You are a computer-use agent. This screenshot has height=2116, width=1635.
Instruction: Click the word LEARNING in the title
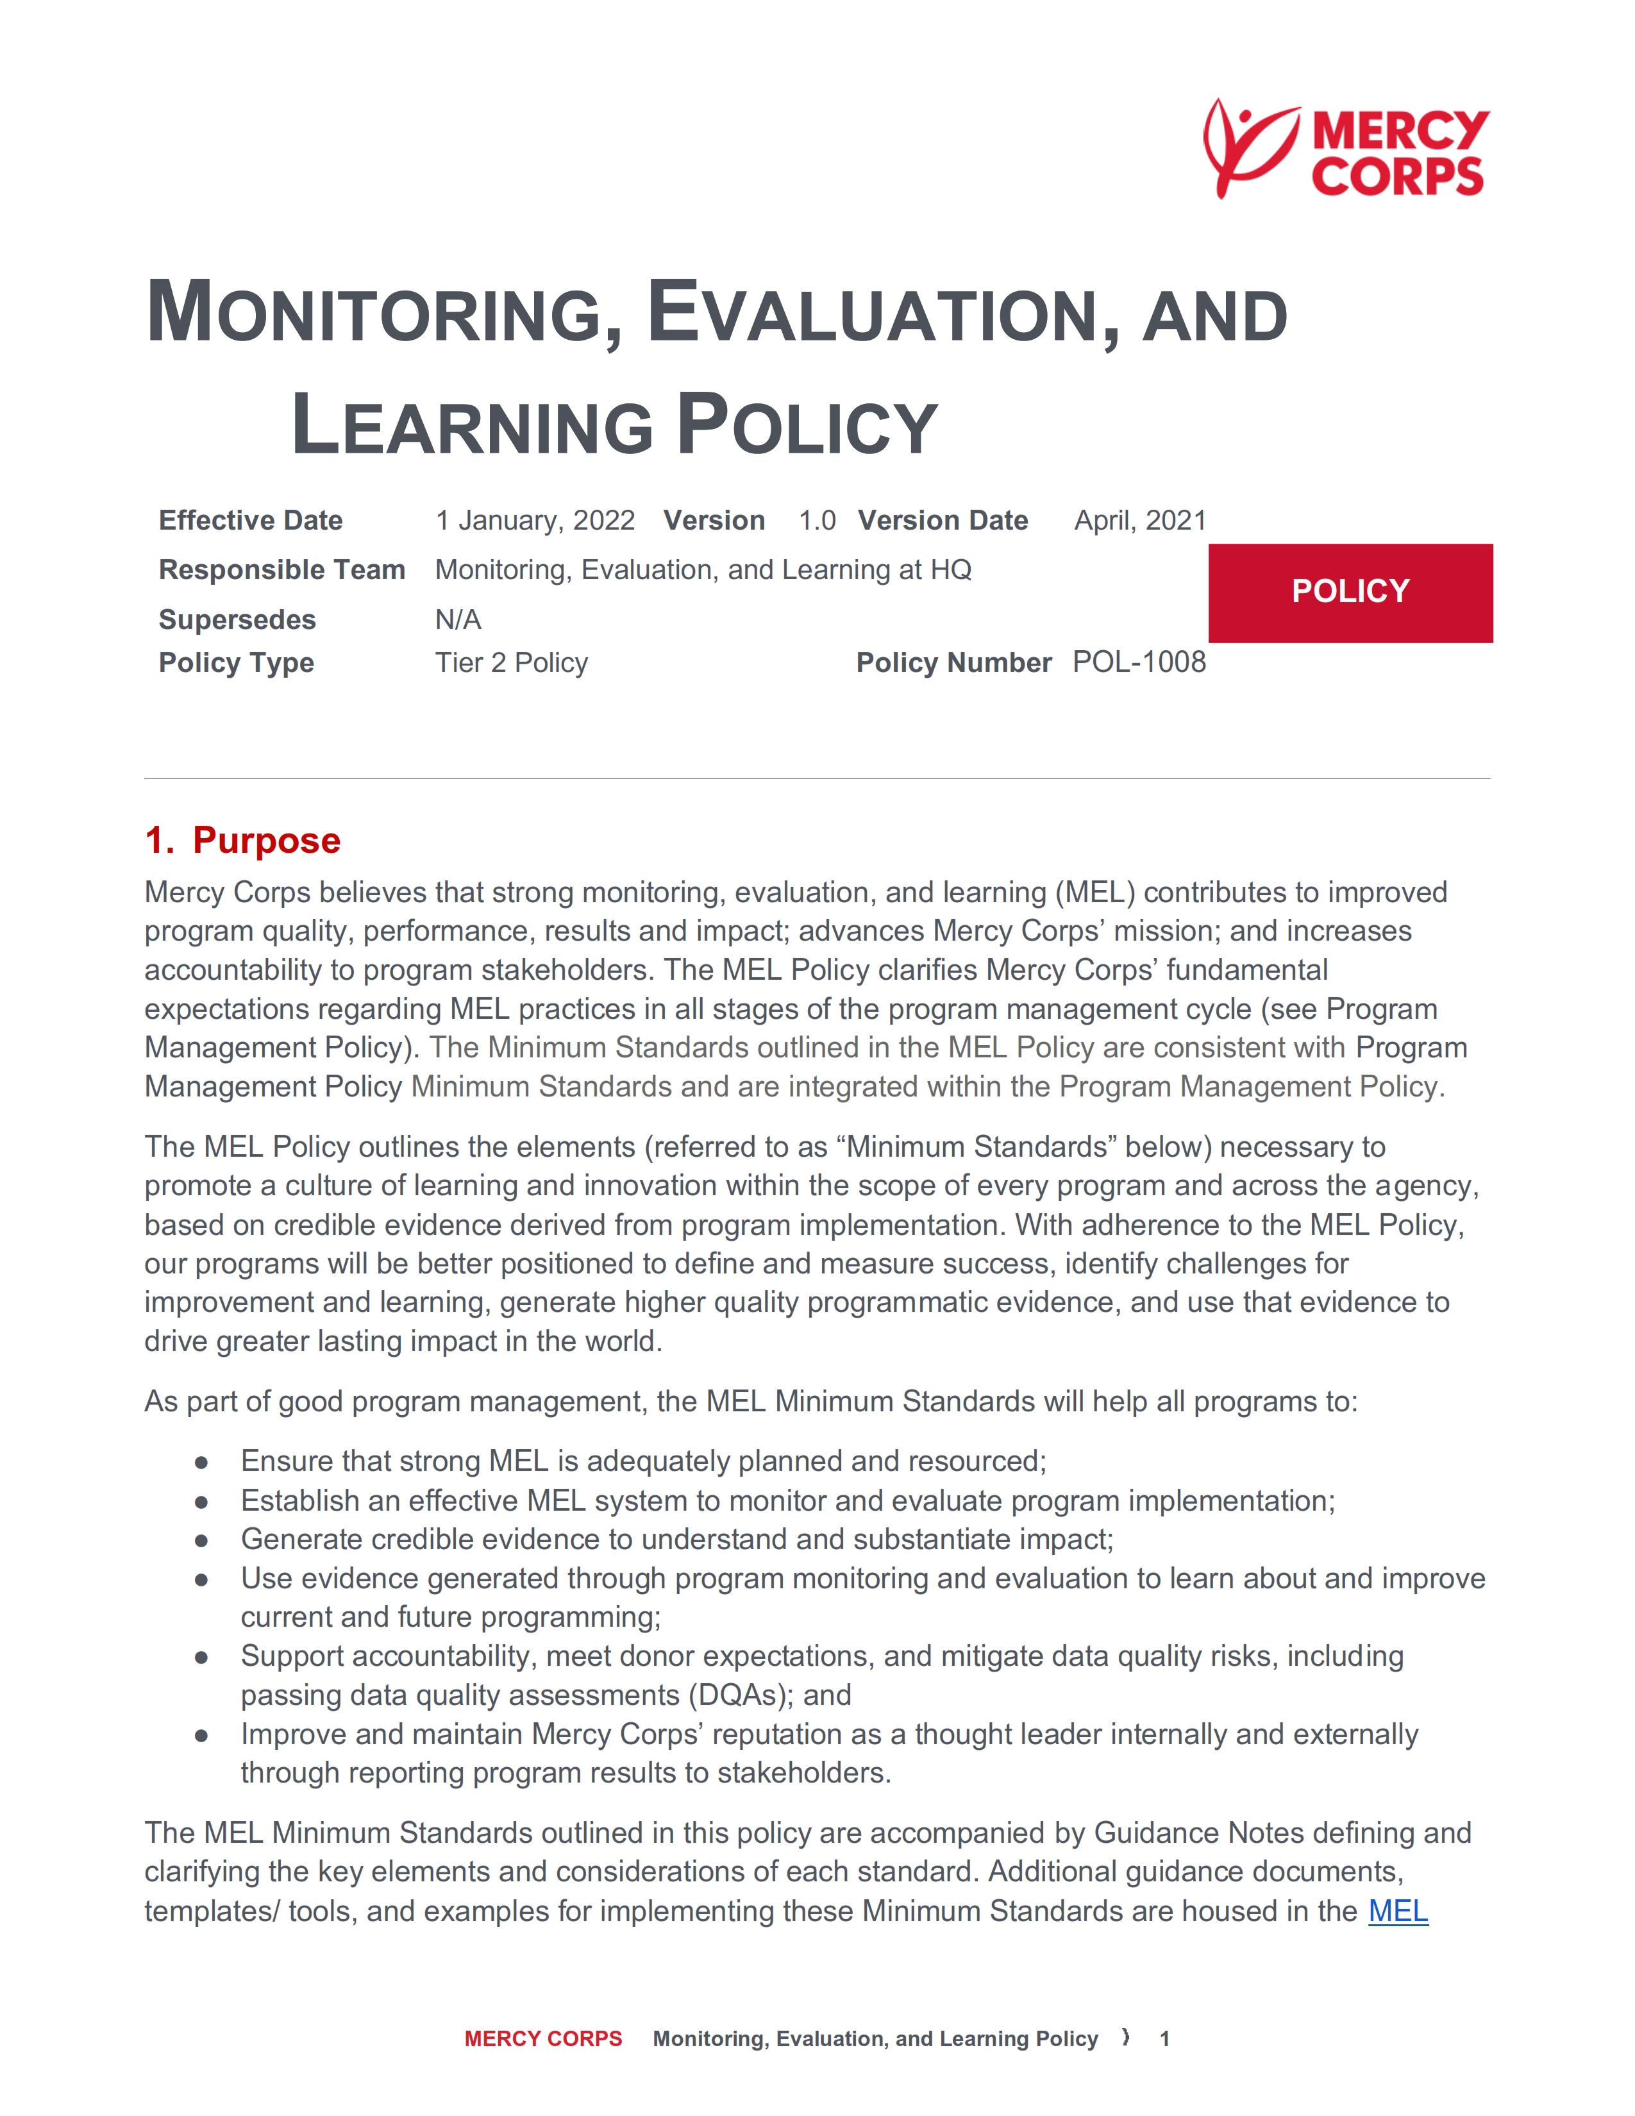click(x=473, y=426)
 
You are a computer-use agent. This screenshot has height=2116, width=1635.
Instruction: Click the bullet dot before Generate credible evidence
click(x=201, y=1540)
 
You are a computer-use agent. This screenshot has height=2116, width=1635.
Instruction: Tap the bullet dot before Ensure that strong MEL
click(x=201, y=1461)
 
